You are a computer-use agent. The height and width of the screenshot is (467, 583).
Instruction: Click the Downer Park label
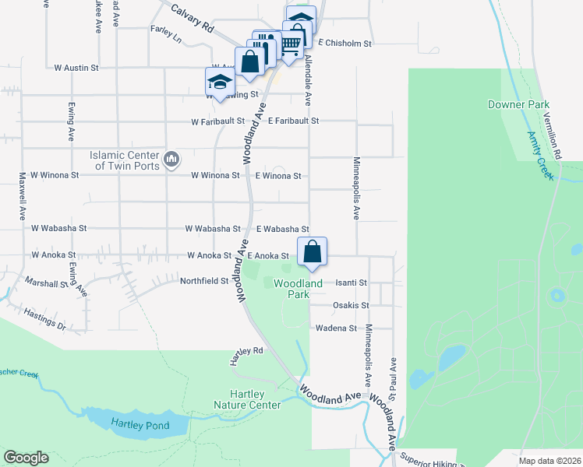(x=518, y=104)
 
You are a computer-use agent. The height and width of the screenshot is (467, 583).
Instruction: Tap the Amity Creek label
(x=540, y=156)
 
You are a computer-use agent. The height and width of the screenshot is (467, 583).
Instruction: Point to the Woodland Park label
(x=298, y=289)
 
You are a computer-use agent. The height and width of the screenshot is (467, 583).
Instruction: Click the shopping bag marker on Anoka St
(x=312, y=252)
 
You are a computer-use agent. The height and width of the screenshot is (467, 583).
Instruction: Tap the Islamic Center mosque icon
(x=171, y=160)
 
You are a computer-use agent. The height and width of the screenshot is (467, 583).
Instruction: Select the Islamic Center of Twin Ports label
(x=124, y=160)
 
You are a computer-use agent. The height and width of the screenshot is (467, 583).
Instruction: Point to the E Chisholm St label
(x=344, y=44)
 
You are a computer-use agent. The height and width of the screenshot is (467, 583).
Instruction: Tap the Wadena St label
(x=336, y=328)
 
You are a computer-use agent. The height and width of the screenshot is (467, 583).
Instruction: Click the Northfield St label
(x=203, y=281)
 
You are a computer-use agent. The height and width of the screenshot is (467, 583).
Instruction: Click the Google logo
(x=26, y=458)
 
